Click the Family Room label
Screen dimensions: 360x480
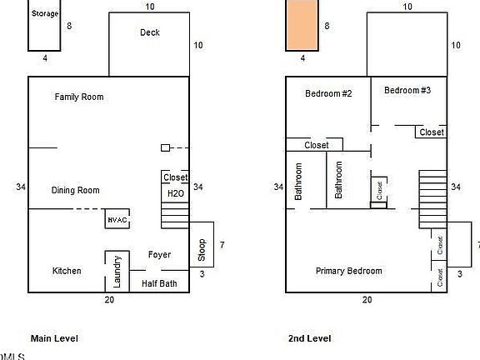(x=78, y=97)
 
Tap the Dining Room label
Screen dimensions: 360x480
(x=75, y=191)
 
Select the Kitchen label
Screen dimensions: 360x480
(x=67, y=271)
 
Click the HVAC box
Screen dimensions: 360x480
(x=117, y=219)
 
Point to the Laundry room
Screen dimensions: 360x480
(x=117, y=271)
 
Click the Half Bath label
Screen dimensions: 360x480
(x=158, y=283)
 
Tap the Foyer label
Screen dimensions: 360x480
(x=160, y=255)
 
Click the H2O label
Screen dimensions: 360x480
(x=175, y=193)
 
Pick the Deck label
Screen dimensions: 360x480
(x=150, y=33)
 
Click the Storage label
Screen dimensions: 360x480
(x=45, y=14)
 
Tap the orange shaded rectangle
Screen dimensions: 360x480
(x=302, y=25)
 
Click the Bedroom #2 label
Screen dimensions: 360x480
(x=328, y=94)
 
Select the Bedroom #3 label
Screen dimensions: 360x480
(x=407, y=91)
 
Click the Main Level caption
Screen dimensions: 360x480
(x=54, y=338)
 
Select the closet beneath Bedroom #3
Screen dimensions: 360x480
(x=432, y=132)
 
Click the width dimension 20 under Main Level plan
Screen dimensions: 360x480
(x=108, y=299)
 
